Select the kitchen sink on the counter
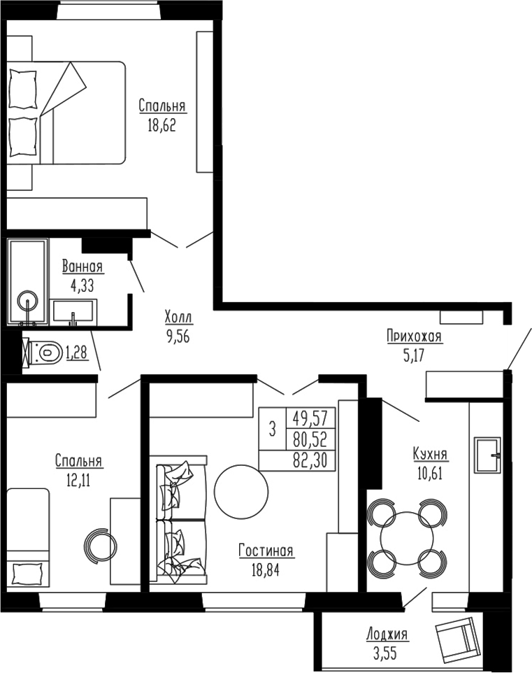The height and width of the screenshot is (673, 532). click(x=488, y=454)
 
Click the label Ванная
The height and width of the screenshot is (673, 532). click(x=82, y=267)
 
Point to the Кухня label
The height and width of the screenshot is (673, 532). click(x=430, y=455)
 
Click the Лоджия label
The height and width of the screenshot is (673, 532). click(x=387, y=635)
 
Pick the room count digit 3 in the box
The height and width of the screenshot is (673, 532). click(x=273, y=429)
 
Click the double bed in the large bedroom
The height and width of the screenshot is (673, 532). click(x=66, y=112)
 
